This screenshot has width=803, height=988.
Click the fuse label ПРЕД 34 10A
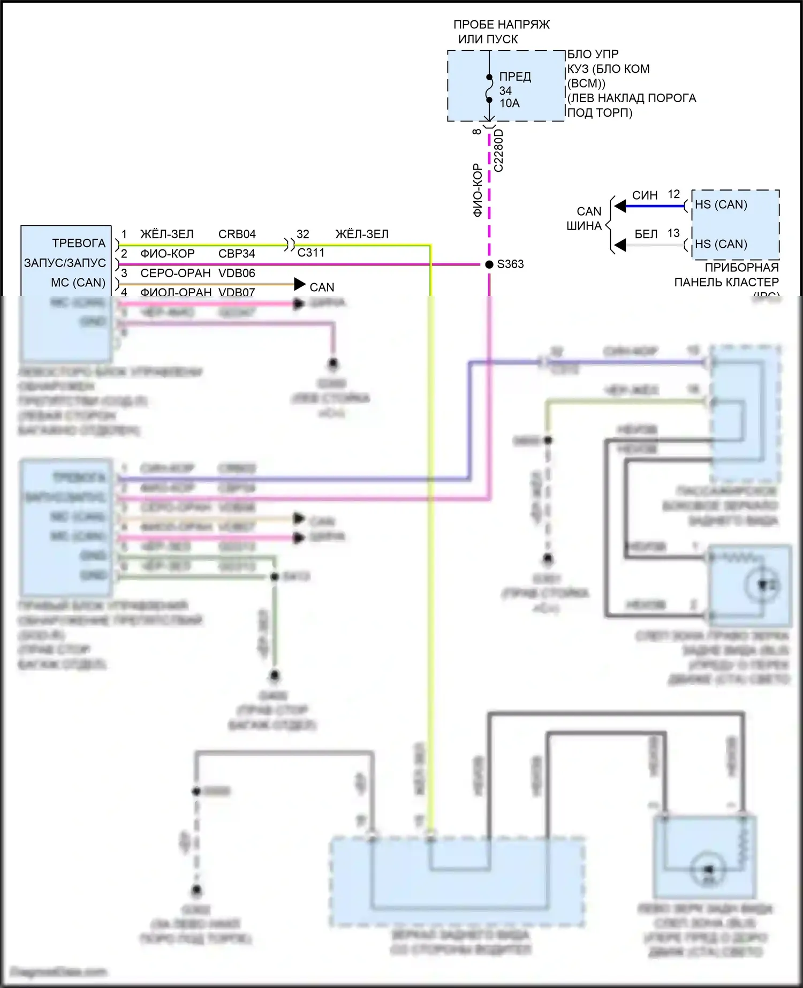[514, 90]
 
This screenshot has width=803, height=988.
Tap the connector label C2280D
[498, 150]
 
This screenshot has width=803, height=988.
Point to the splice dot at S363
[489, 264]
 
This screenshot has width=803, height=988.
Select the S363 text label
[510, 264]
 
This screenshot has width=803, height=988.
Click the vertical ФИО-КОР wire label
[478, 190]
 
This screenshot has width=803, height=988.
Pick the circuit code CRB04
[237, 234]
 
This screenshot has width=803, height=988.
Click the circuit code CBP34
[237, 254]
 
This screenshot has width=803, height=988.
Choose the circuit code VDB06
[237, 273]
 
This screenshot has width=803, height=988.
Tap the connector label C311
[311, 253]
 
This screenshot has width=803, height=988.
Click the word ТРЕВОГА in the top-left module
[79, 243]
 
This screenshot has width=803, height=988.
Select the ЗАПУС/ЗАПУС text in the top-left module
[65, 263]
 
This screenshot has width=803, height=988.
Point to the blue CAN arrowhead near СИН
[620, 206]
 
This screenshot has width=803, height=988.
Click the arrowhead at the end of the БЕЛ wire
[620, 245]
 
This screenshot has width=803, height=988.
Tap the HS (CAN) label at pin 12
[721, 204]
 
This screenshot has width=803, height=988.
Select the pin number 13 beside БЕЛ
[673, 233]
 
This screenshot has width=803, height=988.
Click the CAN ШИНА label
[585, 218]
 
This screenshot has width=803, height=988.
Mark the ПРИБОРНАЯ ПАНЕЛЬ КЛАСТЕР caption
[726, 275]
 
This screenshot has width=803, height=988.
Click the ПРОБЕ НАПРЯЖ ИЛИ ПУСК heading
[501, 32]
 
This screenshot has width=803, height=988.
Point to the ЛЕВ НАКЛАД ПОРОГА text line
[632, 98]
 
